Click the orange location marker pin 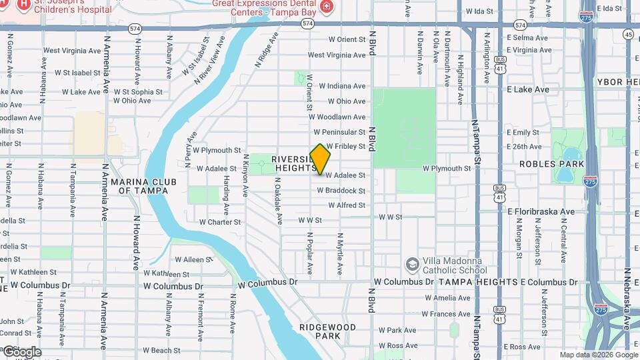click(321, 159)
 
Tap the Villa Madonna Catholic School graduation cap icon click(412, 265)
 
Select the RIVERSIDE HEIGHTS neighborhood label click(293, 164)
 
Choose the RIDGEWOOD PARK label click(327, 331)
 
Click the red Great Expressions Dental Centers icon click(327, 7)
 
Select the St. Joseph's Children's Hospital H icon click(24, 5)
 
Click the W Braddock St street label click(341, 191)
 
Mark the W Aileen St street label click(192, 259)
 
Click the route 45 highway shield click(629, 34)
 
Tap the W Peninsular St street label click(339, 132)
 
